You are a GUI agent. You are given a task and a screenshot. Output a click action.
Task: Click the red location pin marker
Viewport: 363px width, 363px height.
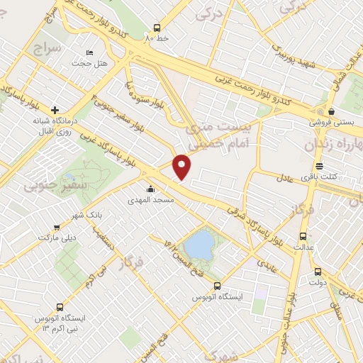[183, 167]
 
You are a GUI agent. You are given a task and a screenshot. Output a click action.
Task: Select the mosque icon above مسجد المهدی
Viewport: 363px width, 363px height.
[151, 189]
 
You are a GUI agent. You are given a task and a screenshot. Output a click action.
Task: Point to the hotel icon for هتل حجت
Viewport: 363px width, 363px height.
[89, 52]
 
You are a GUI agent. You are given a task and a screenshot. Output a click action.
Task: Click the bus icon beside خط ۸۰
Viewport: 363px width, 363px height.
[157, 28]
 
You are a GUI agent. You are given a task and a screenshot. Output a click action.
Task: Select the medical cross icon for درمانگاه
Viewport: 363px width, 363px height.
[54, 109]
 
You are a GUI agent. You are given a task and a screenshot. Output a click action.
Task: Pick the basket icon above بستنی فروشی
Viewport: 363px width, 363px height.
[331, 111]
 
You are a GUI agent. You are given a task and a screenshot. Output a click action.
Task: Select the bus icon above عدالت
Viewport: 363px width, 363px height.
[303, 236]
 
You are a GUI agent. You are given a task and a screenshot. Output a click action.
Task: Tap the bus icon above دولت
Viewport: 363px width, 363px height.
[317, 270]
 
